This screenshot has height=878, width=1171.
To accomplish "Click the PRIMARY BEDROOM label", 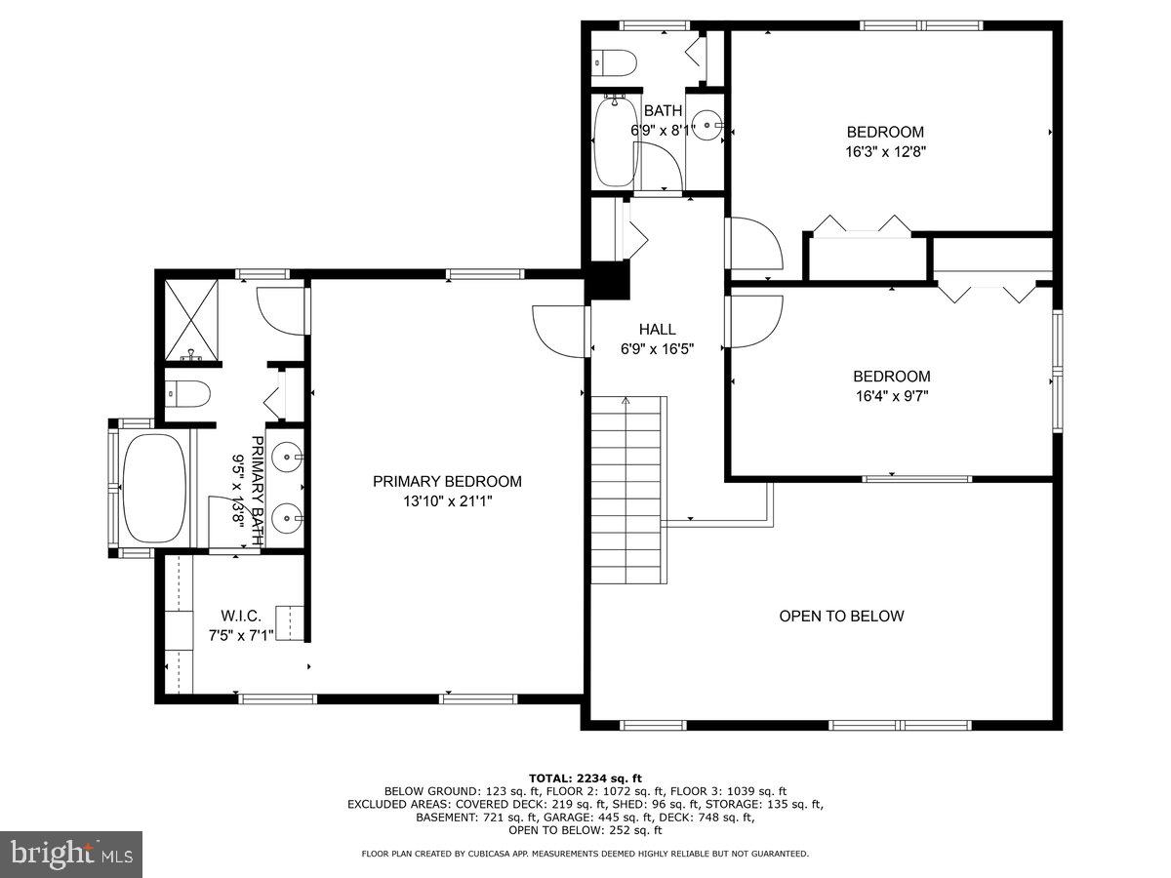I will [447, 481].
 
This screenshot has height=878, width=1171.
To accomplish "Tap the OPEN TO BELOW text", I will [841, 616].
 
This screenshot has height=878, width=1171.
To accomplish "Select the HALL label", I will [658, 330].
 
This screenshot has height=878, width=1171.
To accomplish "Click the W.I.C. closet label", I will [241, 616].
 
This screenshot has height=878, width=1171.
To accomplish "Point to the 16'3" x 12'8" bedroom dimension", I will [885, 152].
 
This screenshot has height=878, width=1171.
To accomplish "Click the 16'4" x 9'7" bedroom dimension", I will [891, 396].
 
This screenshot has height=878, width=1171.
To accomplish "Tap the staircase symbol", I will [628, 489].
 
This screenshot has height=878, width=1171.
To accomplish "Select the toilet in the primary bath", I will [188, 393].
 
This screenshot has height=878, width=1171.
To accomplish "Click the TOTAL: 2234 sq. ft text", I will [585, 778].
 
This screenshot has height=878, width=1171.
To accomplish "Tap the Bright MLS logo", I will [71, 855].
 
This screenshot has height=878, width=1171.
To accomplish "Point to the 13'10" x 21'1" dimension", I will [447, 501].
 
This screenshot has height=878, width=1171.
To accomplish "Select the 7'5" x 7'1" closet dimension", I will [241, 635].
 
